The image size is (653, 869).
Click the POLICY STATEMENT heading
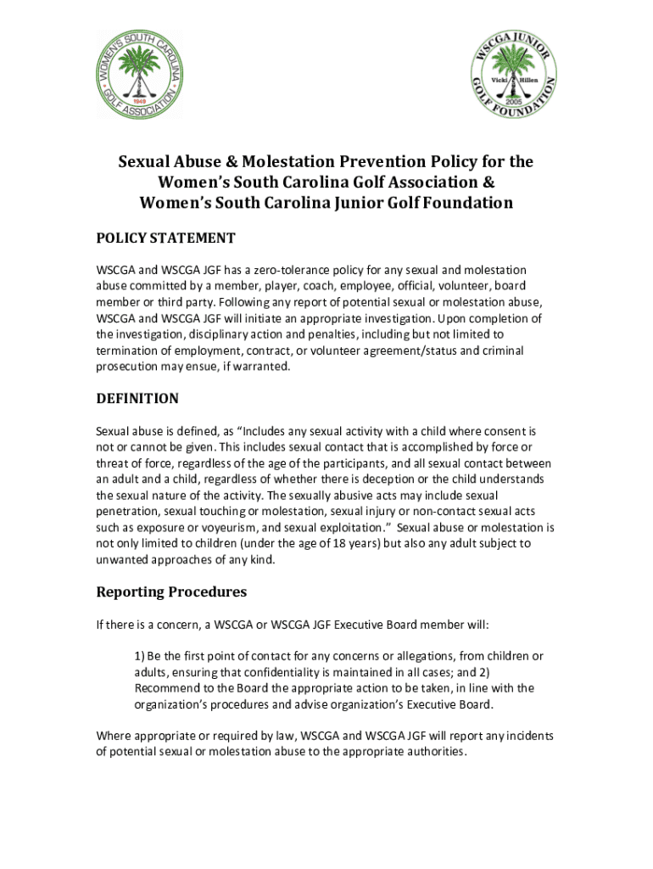click(165, 238)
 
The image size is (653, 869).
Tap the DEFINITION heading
click(137, 398)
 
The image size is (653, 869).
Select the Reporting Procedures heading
click(171, 591)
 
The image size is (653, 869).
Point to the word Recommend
click(165, 688)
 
